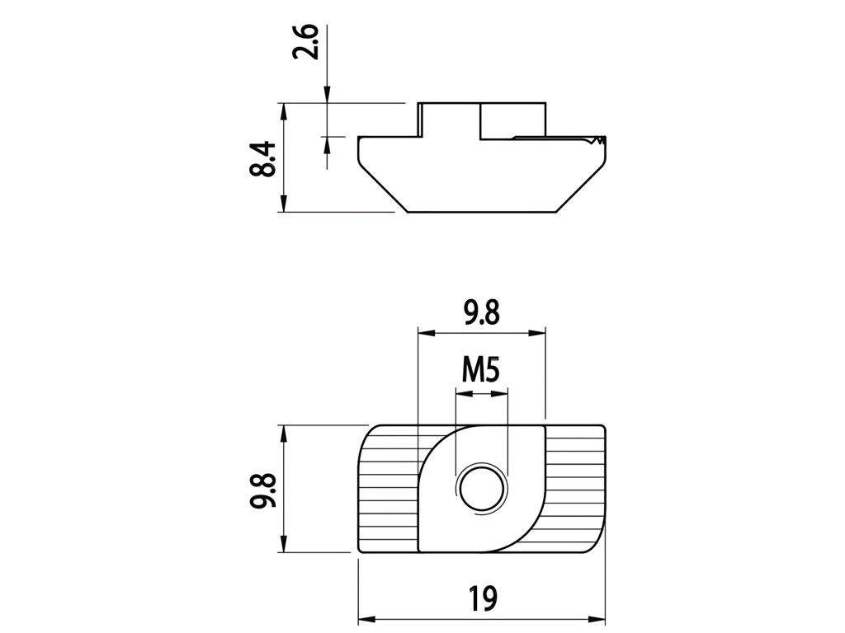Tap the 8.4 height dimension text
(262, 159)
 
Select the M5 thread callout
(481, 370)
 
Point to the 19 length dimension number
(482, 598)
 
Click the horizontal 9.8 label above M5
(482, 312)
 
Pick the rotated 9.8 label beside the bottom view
(262, 490)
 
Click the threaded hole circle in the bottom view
(482, 489)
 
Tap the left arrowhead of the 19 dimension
(366, 620)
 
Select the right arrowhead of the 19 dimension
(597, 620)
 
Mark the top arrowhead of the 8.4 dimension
(284, 111)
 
